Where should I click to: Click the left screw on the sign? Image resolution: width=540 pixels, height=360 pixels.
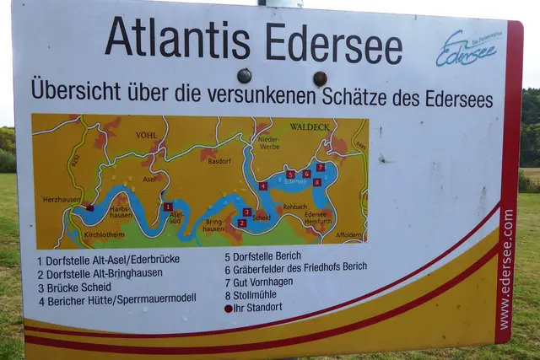[244, 76]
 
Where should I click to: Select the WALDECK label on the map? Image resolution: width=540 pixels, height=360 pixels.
[309, 127]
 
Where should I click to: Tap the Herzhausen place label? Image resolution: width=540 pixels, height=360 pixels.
[62, 200]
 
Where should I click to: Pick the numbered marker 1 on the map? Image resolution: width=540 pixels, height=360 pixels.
[168, 207]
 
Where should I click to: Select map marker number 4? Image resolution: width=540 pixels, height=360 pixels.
[263, 186]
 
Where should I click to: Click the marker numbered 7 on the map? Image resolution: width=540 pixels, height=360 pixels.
[320, 167]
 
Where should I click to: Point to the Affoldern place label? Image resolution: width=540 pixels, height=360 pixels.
[348, 234]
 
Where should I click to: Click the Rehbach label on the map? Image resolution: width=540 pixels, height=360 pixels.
[294, 206]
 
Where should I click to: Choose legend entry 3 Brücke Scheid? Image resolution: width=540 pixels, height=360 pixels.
[74, 287]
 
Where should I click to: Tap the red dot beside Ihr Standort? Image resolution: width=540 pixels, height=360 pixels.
[228, 309]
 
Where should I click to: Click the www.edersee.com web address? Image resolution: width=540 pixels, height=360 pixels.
[505, 270]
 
